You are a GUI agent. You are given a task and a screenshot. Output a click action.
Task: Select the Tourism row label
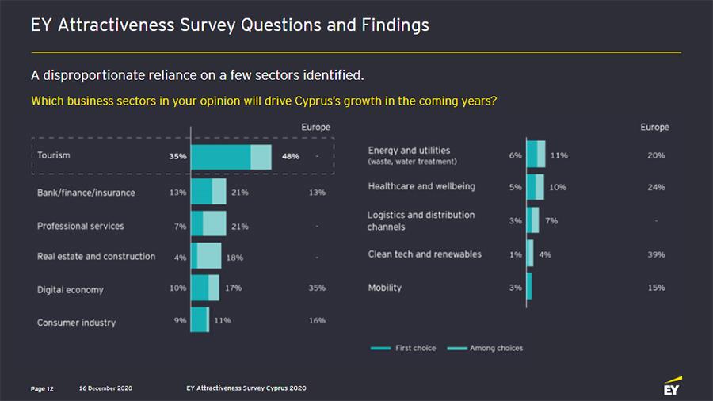coord(54,155)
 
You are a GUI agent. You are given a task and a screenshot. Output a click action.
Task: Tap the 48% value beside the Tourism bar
coord(290,156)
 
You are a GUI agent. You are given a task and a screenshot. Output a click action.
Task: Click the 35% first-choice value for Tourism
coord(177,156)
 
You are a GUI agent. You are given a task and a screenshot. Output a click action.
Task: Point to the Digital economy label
coord(71,289)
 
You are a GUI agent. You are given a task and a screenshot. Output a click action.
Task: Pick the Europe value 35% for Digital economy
coord(317,288)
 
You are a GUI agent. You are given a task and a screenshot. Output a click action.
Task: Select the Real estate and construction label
coord(96,257)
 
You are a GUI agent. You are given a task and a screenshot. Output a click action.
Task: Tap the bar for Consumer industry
coord(200,320)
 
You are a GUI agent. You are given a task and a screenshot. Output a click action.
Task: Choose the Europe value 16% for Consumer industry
coord(317,320)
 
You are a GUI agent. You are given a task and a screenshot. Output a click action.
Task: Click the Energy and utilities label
coord(409,151)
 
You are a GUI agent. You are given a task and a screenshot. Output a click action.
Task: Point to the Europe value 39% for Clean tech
coord(656,254)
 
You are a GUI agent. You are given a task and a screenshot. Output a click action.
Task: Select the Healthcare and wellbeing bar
coord(536,187)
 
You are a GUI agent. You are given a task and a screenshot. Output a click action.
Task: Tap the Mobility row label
coord(385,288)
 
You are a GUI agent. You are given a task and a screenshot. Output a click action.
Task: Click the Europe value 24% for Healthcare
coord(656,188)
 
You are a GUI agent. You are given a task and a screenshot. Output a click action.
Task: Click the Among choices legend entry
coord(485,348)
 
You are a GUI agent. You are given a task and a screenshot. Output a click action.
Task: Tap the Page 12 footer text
coord(42,388)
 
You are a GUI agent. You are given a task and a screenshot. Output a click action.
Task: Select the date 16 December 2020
coord(105,388)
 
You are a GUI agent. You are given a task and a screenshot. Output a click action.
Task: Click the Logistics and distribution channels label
coord(421,220)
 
